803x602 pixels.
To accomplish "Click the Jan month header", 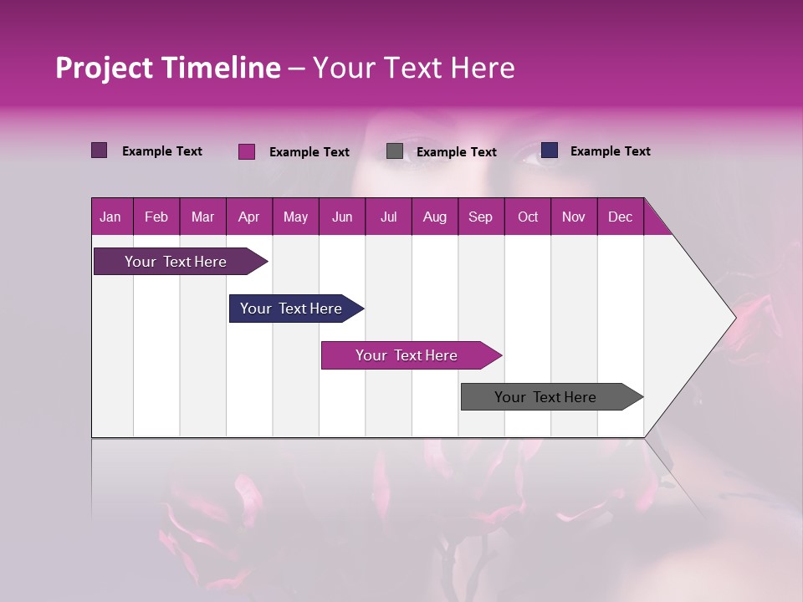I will tap(110, 217).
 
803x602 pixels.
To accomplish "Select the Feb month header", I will tap(156, 217).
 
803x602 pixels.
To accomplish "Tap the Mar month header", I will tap(202, 217).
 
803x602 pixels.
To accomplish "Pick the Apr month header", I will tap(249, 217).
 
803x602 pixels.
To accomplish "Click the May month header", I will tap(295, 217).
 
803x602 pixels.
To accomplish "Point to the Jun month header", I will tap(342, 217).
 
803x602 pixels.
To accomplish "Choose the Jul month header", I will tap(388, 217).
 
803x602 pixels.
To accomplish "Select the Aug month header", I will tap(435, 217).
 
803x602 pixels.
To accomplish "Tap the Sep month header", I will tap(481, 217).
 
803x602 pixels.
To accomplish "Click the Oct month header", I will tap(528, 217).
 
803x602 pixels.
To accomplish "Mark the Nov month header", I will tap(574, 217).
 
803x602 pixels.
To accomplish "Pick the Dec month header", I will tap(621, 217).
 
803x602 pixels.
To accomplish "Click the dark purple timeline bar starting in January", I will tap(176, 262).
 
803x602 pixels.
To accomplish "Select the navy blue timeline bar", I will tap(292, 309).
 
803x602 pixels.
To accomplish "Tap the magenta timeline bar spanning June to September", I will tap(407, 355).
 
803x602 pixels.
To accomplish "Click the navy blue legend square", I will tap(550, 150).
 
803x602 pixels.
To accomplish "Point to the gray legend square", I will tap(395, 151).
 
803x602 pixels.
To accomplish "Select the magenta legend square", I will tap(247, 151).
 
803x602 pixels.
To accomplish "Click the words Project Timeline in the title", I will tap(168, 68).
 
